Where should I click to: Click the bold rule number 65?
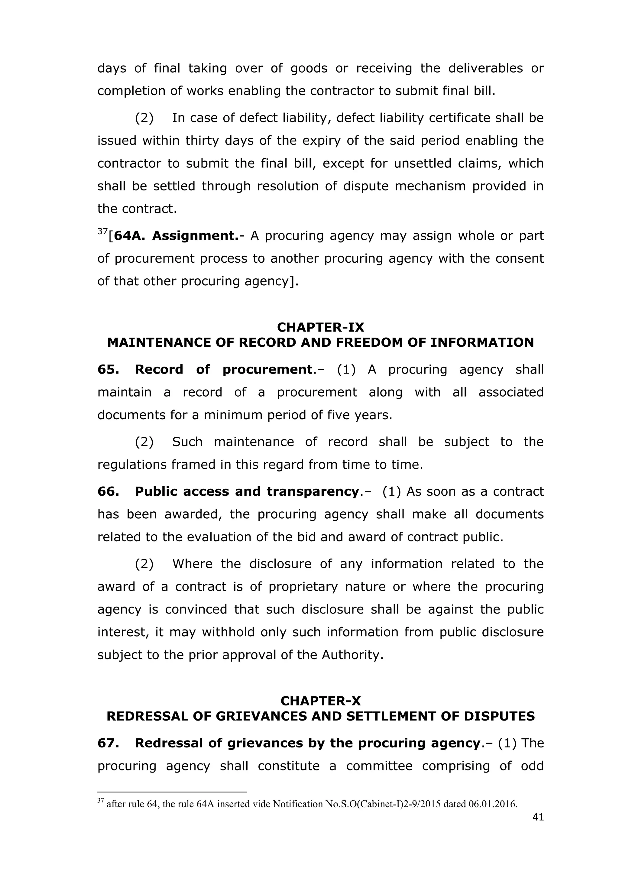(x=108, y=369)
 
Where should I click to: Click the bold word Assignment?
(x=195, y=236)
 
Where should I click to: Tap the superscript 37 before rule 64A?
(x=102, y=231)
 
